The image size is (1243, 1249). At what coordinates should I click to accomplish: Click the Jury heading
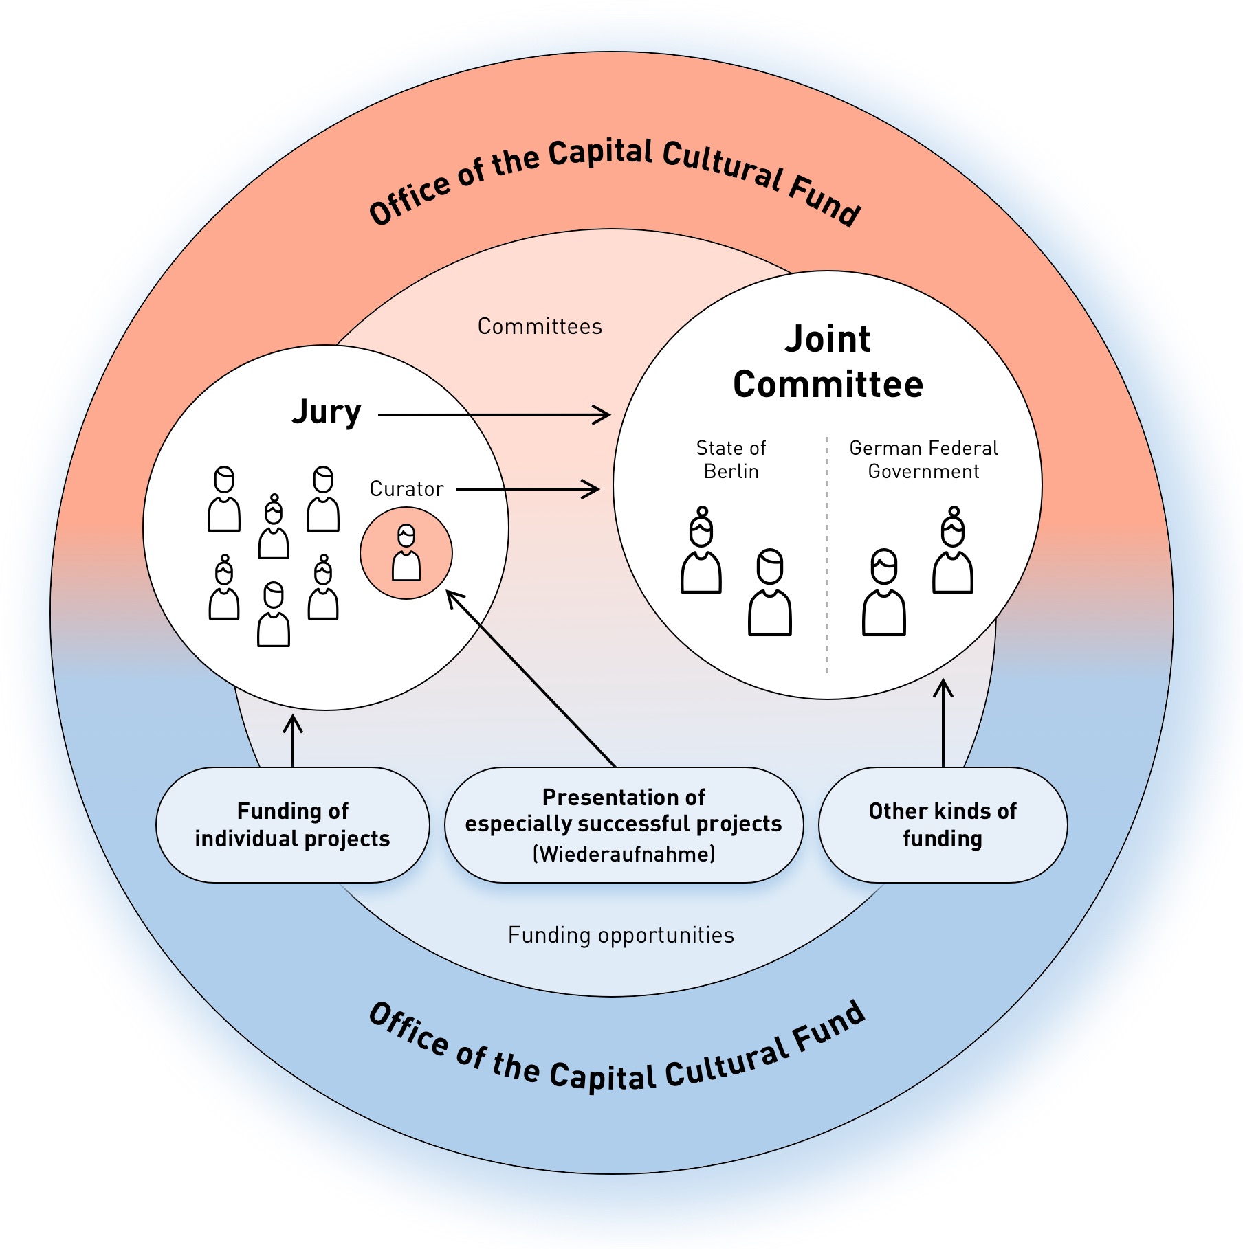(x=327, y=412)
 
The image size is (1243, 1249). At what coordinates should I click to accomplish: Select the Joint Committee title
(x=828, y=362)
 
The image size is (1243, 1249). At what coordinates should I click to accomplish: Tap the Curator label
(x=406, y=489)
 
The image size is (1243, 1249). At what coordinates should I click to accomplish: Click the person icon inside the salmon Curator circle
(x=406, y=553)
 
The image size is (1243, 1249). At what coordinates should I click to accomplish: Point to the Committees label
(x=540, y=326)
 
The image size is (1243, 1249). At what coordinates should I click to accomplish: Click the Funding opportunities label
(x=621, y=935)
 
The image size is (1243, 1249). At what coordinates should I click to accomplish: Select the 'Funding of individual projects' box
(x=293, y=825)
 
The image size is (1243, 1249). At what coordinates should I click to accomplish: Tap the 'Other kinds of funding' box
(x=943, y=825)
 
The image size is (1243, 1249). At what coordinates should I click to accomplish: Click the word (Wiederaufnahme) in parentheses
(x=624, y=855)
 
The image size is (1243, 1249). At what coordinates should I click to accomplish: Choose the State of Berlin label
(x=731, y=460)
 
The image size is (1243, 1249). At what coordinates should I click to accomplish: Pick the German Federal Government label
(x=923, y=460)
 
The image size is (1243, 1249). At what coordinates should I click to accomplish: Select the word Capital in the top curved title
(x=600, y=154)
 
